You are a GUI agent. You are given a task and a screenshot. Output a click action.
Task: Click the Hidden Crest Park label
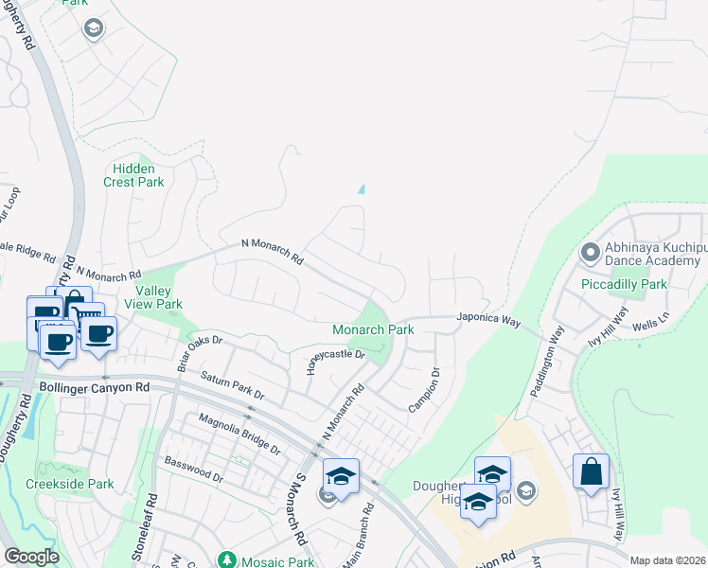coord(133,175)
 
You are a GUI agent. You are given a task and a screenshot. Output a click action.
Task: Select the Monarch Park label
coord(373,329)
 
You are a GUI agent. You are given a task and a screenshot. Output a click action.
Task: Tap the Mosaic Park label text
coord(274,562)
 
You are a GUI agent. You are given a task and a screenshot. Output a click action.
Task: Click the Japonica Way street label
coord(489,321)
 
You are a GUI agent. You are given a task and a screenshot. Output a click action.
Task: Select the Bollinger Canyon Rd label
coord(96,387)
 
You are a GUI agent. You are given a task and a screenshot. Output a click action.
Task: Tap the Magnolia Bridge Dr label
coord(238,433)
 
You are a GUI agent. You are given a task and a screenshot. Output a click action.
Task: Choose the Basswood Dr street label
coord(193,465)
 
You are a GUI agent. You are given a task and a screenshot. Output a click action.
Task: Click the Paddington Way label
coord(547,362)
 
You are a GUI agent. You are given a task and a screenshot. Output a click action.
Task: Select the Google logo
coord(31,557)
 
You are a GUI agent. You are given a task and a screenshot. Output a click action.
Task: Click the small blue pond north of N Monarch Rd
coord(362,188)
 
